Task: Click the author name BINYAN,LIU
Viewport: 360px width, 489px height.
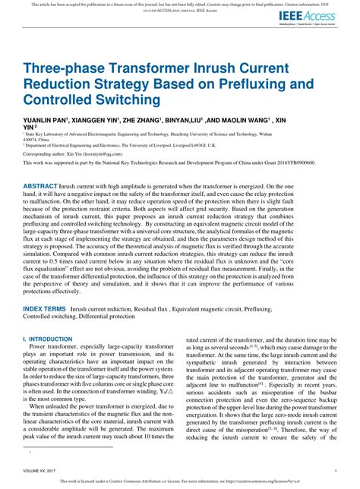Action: (206, 120)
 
